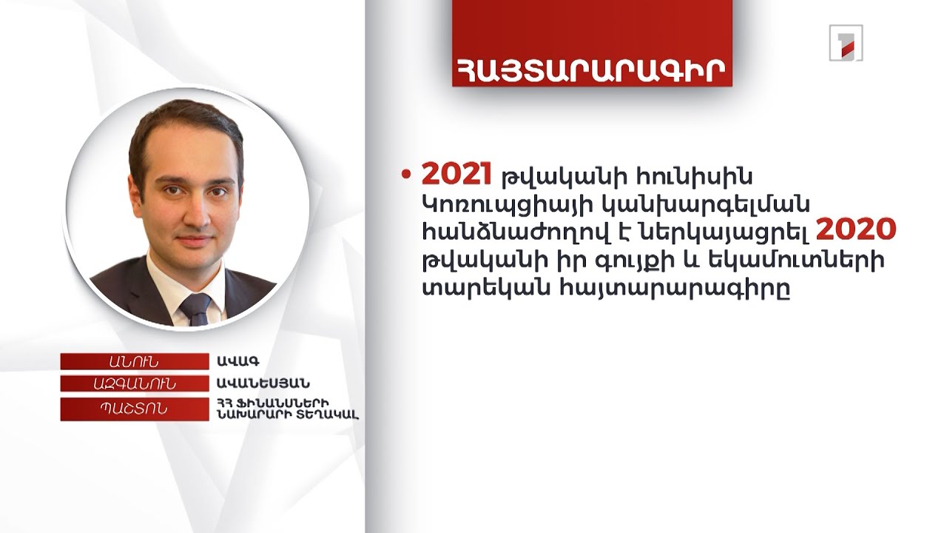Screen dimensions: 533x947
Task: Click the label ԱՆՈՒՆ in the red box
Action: point(133,361)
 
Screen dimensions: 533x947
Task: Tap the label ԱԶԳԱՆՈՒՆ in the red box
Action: point(133,383)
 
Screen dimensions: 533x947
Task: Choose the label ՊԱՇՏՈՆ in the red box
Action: point(133,409)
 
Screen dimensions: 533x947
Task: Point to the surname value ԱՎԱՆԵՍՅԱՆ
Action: point(263,383)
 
